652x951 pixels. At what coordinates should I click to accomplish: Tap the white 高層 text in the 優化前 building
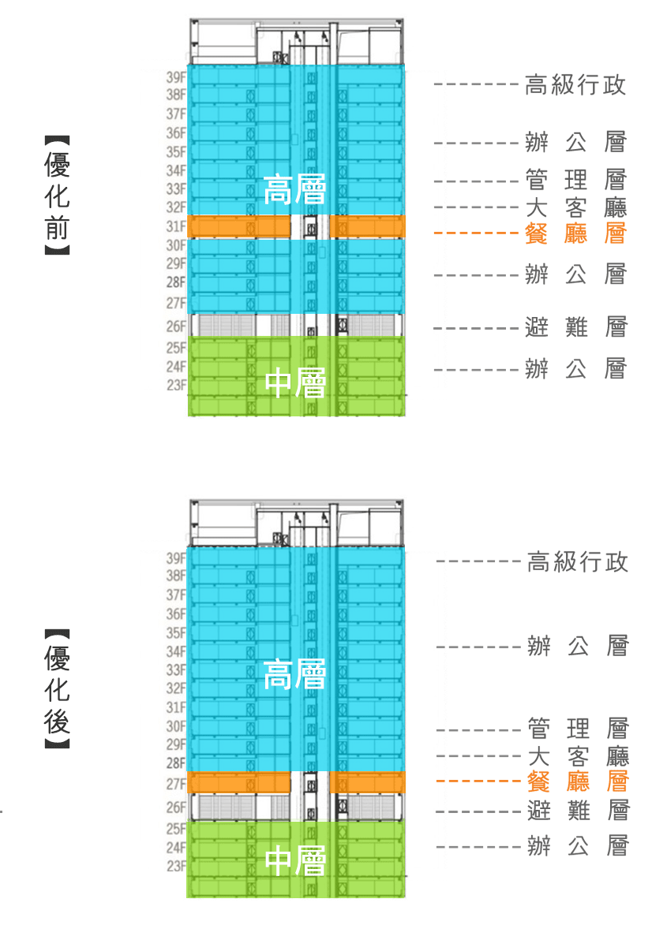pos(294,190)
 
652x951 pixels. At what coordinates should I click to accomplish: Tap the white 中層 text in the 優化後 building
pos(295,860)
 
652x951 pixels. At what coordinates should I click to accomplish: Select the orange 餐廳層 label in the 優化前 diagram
pos(575,233)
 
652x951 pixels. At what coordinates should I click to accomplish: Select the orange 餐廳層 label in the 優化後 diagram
pos(577,781)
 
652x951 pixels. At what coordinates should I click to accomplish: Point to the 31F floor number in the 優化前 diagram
pos(176,227)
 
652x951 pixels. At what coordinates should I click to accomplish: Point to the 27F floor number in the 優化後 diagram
pos(176,784)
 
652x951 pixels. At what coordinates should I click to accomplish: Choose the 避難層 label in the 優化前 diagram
pos(575,327)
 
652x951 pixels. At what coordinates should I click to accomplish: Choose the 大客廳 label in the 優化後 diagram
pos(577,756)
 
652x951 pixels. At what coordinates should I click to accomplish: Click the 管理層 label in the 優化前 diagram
pos(575,181)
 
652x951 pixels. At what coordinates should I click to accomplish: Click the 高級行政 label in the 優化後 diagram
pos(577,561)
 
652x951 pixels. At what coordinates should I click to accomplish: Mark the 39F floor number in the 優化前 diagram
pos(176,77)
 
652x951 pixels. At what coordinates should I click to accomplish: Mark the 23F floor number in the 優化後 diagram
pos(176,867)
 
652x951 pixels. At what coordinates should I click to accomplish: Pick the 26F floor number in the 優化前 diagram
pos(176,326)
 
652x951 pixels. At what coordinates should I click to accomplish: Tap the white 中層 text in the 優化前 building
pos(295,383)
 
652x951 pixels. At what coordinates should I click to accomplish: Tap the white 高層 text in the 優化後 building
pos(294,674)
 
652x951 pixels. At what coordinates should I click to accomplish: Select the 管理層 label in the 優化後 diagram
pos(577,729)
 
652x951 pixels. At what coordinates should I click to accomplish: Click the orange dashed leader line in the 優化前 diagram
pos(476,233)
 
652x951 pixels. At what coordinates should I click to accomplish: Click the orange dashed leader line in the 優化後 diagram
pos(478,781)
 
